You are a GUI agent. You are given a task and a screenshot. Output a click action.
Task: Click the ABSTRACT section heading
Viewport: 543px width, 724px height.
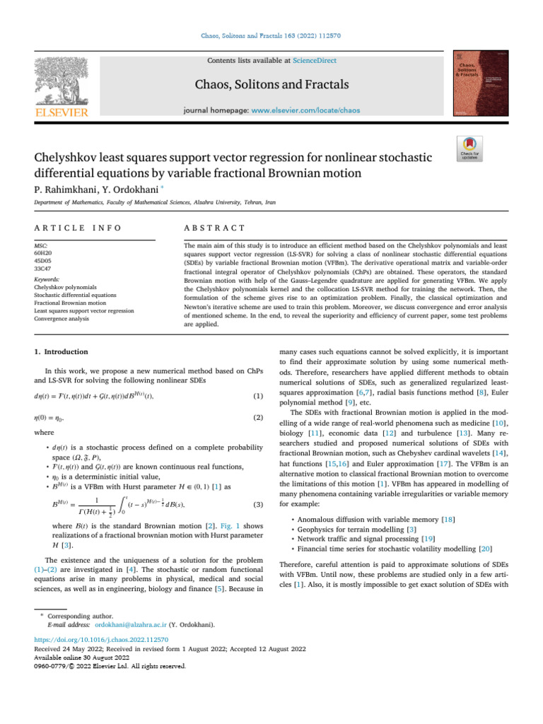click(214, 228)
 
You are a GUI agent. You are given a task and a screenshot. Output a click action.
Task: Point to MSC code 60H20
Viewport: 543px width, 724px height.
click(43, 252)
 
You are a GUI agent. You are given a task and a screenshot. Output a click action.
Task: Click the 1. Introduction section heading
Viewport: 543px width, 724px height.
click(61, 351)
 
